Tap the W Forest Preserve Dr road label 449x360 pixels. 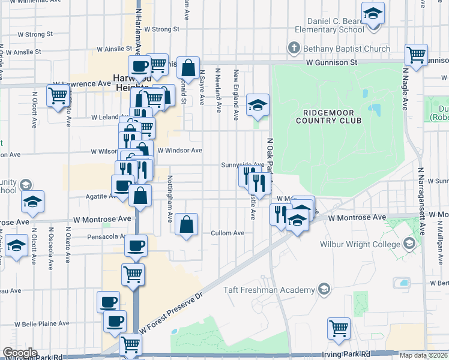pyautogui.click(x=172, y=312)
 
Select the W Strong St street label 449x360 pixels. pyautogui.click(x=157, y=29)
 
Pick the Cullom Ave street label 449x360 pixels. pyautogui.click(x=228, y=233)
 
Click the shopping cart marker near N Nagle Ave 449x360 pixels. pyautogui.click(x=416, y=55)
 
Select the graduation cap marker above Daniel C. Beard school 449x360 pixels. pyautogui.click(x=373, y=13)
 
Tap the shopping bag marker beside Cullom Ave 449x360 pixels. pyautogui.click(x=187, y=225)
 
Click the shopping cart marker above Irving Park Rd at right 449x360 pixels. pyautogui.click(x=339, y=328)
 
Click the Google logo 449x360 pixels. pyautogui.click(x=20, y=353)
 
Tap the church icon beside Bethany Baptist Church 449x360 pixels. pyautogui.click(x=294, y=47)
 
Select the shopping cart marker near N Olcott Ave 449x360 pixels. pyautogui.click(x=58, y=95)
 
